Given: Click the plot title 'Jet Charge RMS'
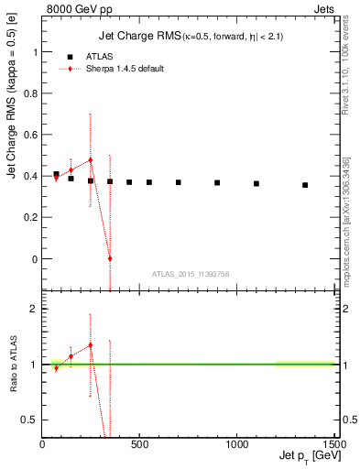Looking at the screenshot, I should [137, 37].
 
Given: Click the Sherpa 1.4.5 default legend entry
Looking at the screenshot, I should [119, 69].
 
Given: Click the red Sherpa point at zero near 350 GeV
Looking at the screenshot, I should [110, 258].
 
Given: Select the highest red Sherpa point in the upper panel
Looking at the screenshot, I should [90, 160].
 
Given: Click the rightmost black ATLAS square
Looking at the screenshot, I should [305, 185].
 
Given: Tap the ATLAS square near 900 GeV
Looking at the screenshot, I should [217, 182].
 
